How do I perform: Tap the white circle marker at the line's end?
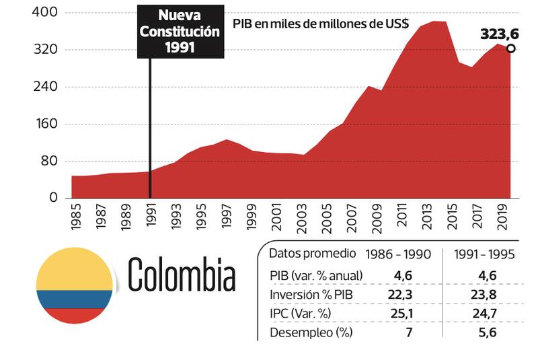click(511, 48)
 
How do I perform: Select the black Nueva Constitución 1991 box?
click(179, 31)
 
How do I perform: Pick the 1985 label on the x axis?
click(75, 217)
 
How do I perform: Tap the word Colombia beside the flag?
click(182, 275)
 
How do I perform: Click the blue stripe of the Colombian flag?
click(74, 299)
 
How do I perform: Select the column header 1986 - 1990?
click(398, 254)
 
